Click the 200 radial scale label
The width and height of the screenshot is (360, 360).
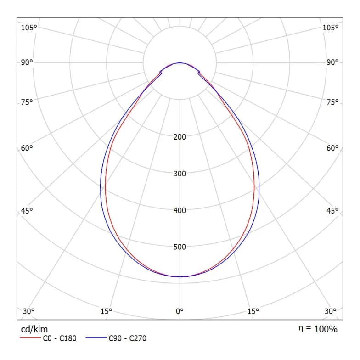pyautogui.click(x=180, y=137)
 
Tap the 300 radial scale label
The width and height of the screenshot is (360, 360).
pyautogui.click(x=180, y=174)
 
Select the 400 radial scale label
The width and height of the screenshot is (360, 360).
pyautogui.click(x=180, y=210)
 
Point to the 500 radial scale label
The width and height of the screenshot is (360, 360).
pyautogui.click(x=180, y=247)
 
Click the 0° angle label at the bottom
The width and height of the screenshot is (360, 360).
pyautogui.click(x=180, y=311)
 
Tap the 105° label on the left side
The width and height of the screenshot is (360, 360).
pyautogui.click(x=29, y=28)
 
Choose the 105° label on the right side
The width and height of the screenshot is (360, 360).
pyautogui.click(x=331, y=28)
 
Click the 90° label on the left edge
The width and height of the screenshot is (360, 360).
pyautogui.click(x=27, y=62)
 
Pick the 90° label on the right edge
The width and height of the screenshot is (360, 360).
pyautogui.click(x=332, y=62)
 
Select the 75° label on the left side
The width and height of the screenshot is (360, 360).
pyautogui.click(x=27, y=102)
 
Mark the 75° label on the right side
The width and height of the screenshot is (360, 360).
pyautogui.click(x=332, y=102)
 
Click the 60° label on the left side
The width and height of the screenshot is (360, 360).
pyautogui.click(x=27, y=148)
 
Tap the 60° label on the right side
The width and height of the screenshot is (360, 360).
pyautogui.click(x=332, y=148)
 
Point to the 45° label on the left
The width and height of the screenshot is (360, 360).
pyautogui.click(x=27, y=210)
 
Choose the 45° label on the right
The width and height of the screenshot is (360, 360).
pyautogui.click(x=332, y=210)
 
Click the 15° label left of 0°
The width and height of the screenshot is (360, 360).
pyautogui.click(x=107, y=311)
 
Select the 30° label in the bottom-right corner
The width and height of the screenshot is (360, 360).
pyautogui.click(x=331, y=311)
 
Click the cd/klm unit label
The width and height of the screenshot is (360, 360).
pyautogui.click(x=34, y=329)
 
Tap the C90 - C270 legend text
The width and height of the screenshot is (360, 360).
pyautogui.click(x=128, y=338)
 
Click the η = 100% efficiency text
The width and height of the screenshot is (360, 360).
pyautogui.click(x=318, y=329)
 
